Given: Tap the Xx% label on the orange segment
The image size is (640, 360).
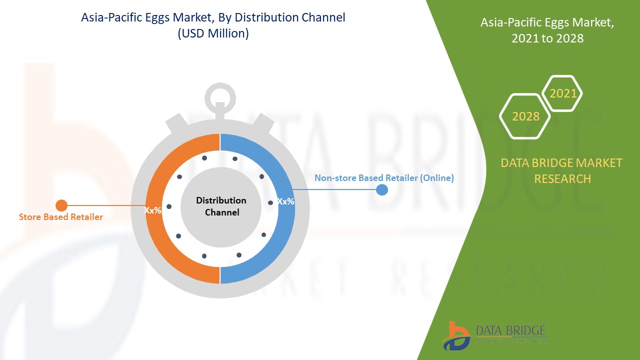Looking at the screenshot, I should pos(153,210).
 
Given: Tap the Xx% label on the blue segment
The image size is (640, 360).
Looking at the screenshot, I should pos(285,201).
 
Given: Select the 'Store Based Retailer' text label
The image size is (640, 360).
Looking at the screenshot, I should pos(61,217).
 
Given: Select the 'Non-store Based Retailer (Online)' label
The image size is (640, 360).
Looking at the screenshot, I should pos(384,178).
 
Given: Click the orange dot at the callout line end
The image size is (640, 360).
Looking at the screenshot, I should pos(61,205).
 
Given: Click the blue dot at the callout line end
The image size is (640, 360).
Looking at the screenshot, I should pos(382,189).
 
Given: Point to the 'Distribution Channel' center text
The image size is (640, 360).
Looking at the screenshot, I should pos(221,206).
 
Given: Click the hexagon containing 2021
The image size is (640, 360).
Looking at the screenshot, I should pos(562,93).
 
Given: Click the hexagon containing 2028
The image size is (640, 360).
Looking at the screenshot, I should pos(525,116).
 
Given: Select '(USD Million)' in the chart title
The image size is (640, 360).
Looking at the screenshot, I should pos(213,34).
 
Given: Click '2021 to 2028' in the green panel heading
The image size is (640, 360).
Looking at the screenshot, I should pos(547,38).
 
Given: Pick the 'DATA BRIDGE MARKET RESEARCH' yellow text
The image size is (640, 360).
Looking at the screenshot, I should pos(562,170).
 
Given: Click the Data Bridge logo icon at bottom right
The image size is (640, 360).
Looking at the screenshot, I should pos(456,335).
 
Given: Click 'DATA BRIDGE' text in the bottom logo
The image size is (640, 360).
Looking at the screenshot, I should pos(510,330).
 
